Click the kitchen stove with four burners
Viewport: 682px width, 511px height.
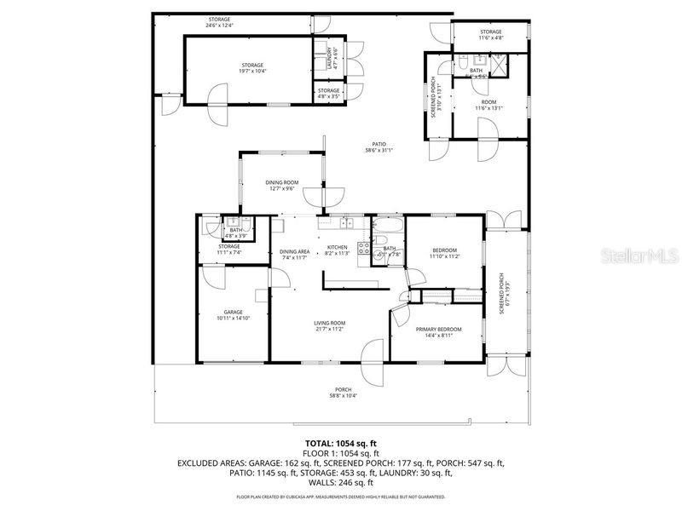[364, 249]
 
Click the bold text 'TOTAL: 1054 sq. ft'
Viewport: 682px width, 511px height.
[340, 444]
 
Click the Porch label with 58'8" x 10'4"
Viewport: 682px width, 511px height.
[343, 393]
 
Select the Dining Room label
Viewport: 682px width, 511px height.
[281, 185]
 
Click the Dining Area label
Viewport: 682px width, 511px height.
[293, 253]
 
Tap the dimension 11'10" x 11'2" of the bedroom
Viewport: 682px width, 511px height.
[443, 255]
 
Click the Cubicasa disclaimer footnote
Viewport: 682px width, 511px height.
[340, 496]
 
